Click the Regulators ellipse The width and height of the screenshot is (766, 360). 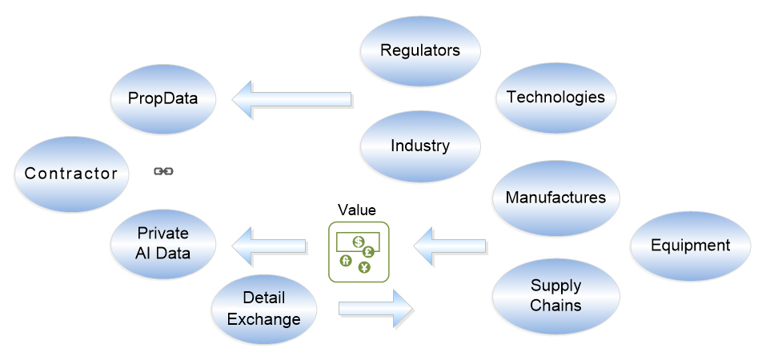(x=420, y=50)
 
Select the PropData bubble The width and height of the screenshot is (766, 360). (x=163, y=99)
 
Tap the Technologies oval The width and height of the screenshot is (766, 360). (x=556, y=98)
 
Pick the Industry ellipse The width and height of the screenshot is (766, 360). (x=420, y=146)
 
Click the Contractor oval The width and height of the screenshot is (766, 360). (x=71, y=174)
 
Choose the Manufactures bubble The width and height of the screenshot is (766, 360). (x=556, y=197)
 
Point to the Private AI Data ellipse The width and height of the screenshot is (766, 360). (x=163, y=242)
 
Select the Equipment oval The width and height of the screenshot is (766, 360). (x=690, y=246)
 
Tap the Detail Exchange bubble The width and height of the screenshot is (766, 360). (x=264, y=308)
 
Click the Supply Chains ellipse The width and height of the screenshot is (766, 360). (x=556, y=295)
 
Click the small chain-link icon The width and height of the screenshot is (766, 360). (x=163, y=171)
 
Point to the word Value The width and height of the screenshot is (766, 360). (x=357, y=210)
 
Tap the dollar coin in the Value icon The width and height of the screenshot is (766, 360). (x=359, y=241)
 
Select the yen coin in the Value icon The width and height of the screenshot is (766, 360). (x=364, y=267)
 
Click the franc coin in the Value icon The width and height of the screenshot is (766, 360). (x=347, y=261)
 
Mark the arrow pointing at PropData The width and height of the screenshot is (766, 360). (x=292, y=99)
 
